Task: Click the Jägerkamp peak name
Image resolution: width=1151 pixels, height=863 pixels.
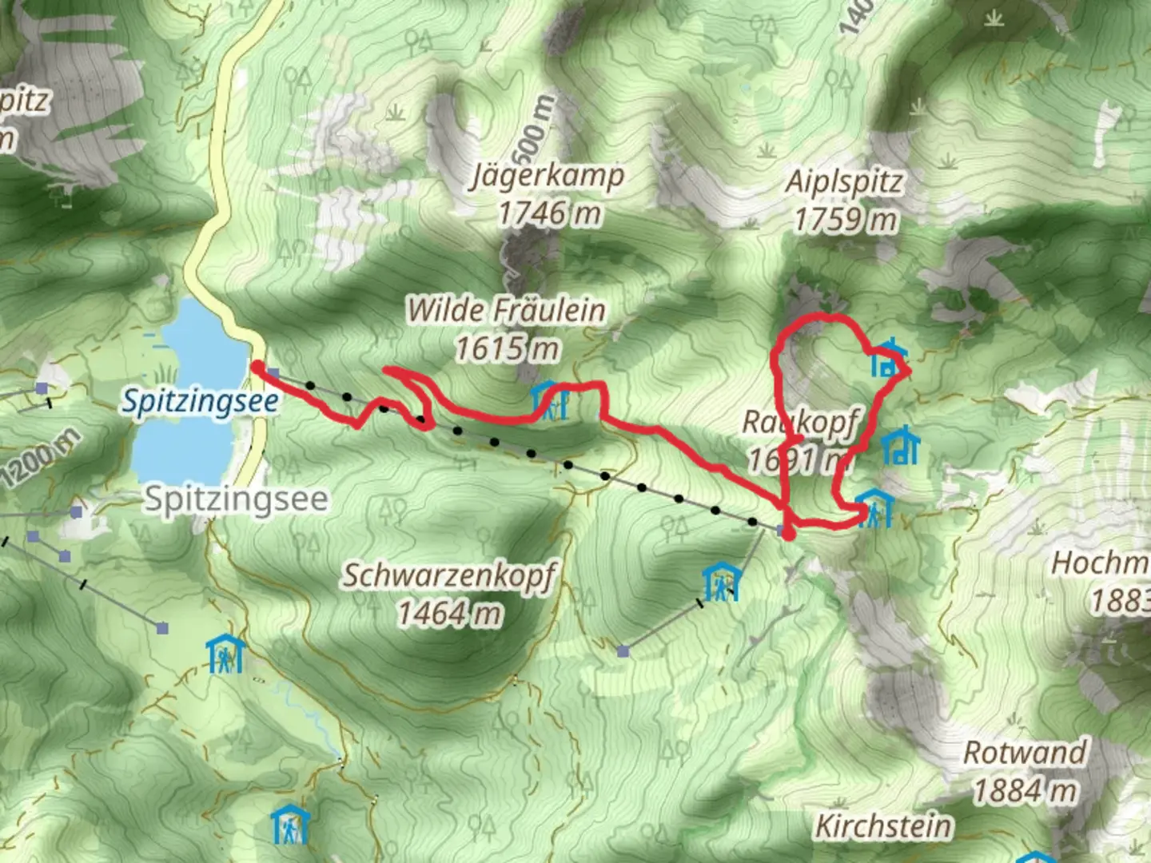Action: tap(548, 176)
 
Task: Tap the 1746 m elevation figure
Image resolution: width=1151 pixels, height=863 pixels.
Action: tap(549, 214)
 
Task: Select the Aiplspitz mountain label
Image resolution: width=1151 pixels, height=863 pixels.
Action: tap(845, 181)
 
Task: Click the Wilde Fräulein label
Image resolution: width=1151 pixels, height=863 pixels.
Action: tap(506, 310)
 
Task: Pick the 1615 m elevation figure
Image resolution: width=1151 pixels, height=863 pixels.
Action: tap(507, 348)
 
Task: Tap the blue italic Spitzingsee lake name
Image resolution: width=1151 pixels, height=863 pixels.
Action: tap(200, 401)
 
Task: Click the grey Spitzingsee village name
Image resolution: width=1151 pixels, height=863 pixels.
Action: tap(236, 499)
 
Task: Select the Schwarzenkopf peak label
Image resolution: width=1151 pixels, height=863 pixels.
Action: tap(450, 575)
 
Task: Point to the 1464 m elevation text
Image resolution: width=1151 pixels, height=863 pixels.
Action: tap(450, 614)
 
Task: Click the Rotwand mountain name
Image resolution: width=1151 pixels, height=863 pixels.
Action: tap(1025, 753)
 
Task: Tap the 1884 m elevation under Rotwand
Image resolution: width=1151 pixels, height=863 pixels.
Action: tap(1025, 791)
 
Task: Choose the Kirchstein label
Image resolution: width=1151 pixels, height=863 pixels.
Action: tap(884, 826)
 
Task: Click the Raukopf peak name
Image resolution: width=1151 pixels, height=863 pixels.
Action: tap(802, 422)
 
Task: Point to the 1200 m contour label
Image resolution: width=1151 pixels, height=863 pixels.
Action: tap(42, 459)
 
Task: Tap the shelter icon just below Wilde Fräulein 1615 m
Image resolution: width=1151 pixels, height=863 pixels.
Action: tap(550, 400)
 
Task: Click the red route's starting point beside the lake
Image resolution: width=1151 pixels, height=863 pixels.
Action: tap(257, 367)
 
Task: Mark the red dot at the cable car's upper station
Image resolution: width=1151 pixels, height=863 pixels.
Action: tap(788, 534)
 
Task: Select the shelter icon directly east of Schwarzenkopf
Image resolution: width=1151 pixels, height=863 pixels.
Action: tap(721, 583)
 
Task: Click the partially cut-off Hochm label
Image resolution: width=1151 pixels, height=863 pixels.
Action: tap(1100, 563)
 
